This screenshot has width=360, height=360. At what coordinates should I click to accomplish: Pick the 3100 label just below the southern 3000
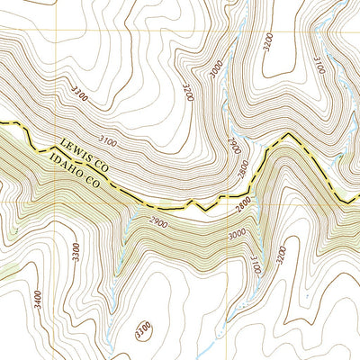click(x=256, y=263)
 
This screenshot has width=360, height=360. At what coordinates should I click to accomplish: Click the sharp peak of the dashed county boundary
click(x=288, y=135)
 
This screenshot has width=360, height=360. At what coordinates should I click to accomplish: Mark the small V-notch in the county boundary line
click(x=205, y=210)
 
